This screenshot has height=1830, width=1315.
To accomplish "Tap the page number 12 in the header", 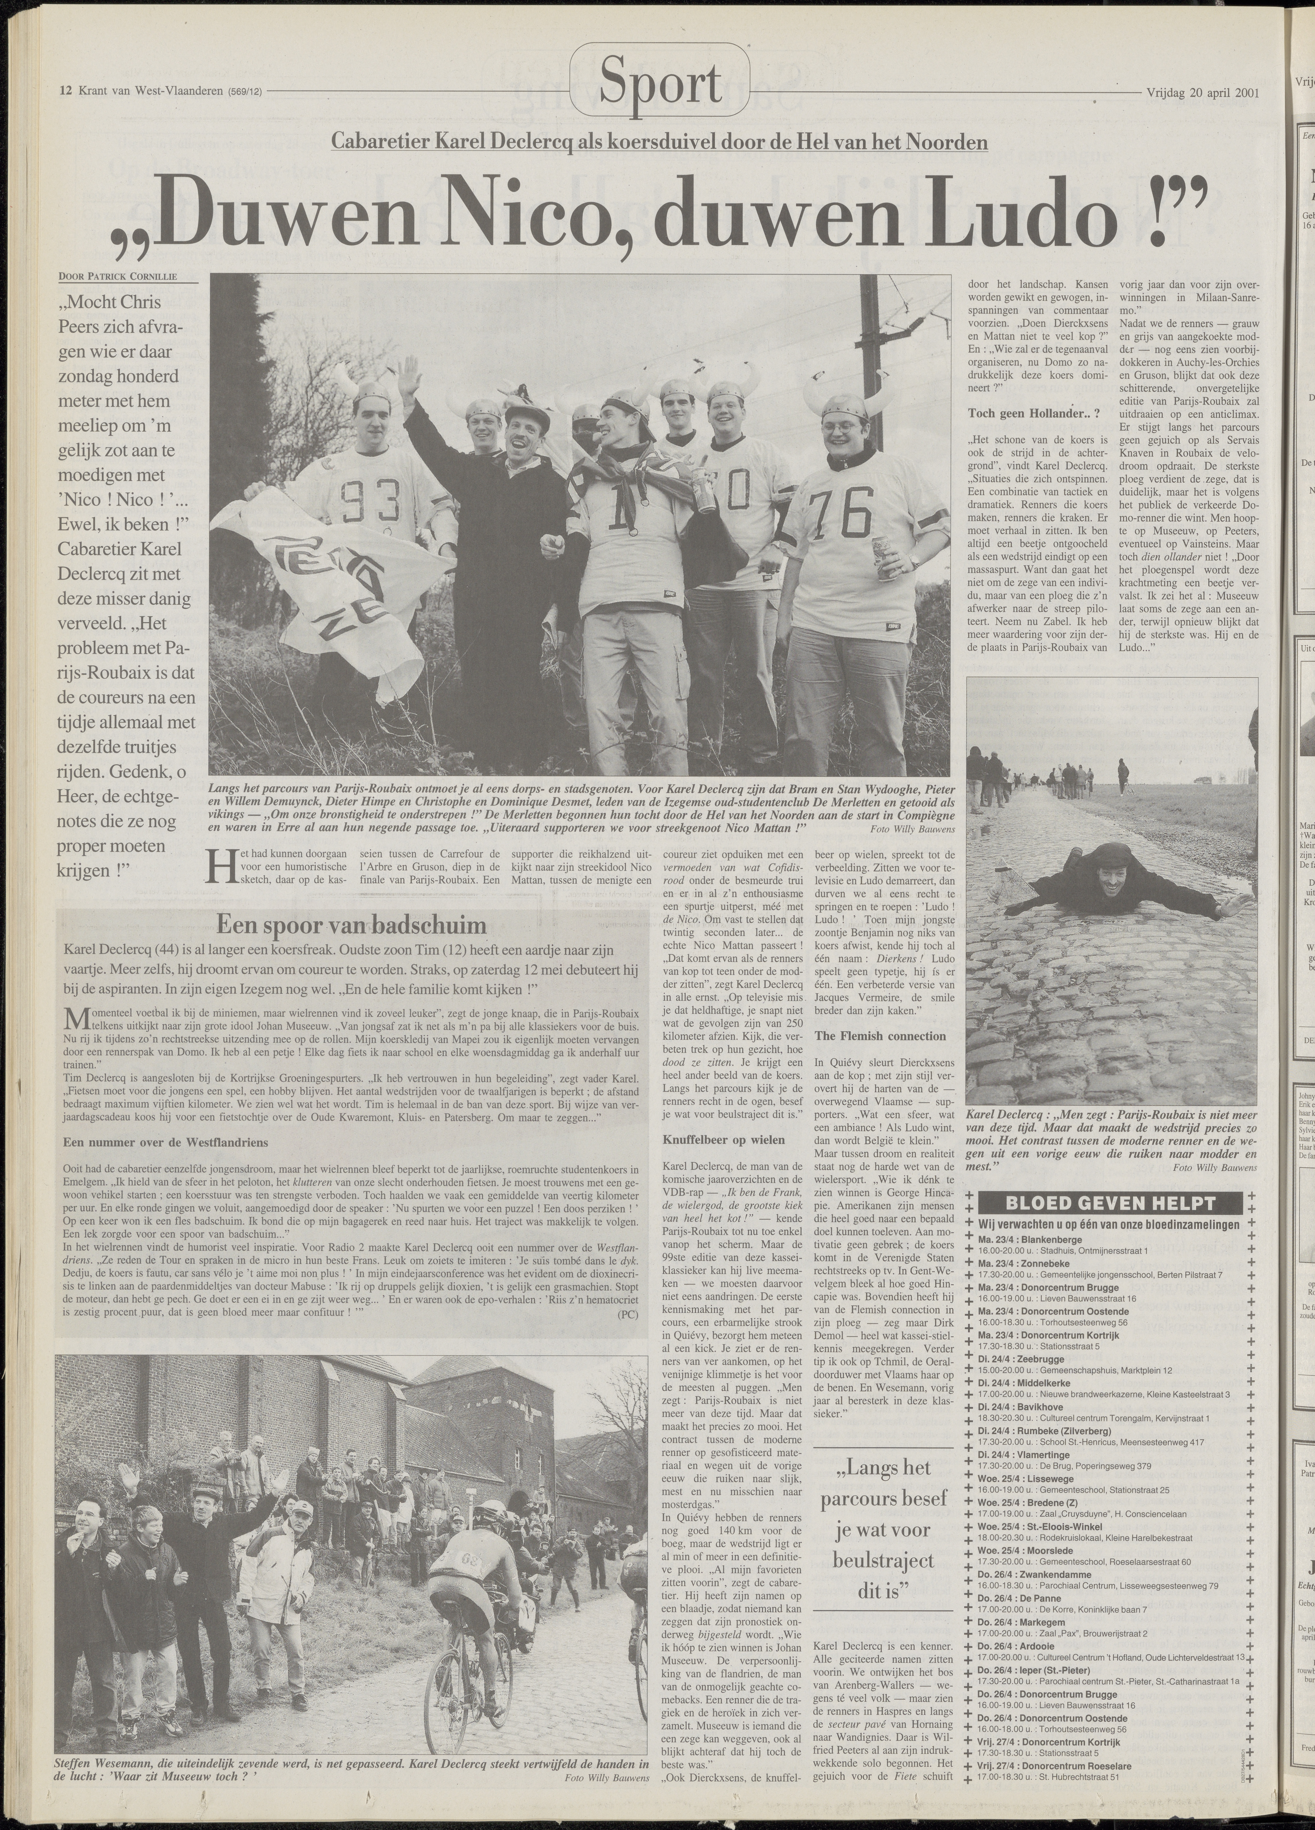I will point(66,91).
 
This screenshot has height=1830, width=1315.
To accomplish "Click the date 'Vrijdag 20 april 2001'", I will point(1202,91).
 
